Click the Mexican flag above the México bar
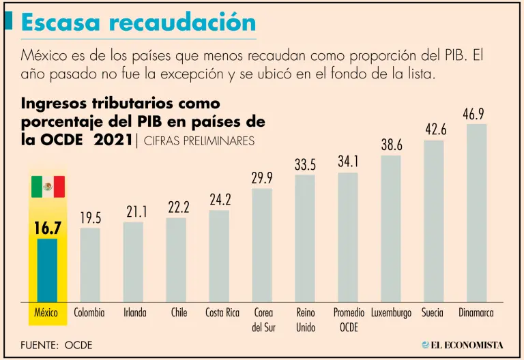click(x=48, y=186)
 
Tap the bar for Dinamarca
click(x=476, y=211)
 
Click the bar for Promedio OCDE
click(x=348, y=236)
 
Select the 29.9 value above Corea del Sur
click(x=262, y=179)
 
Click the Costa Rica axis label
click(x=222, y=313)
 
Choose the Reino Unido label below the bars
click(x=306, y=320)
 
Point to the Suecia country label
click(x=432, y=313)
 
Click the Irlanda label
click(x=134, y=313)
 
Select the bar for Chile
click(x=177, y=259)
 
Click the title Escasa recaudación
click(x=139, y=22)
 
